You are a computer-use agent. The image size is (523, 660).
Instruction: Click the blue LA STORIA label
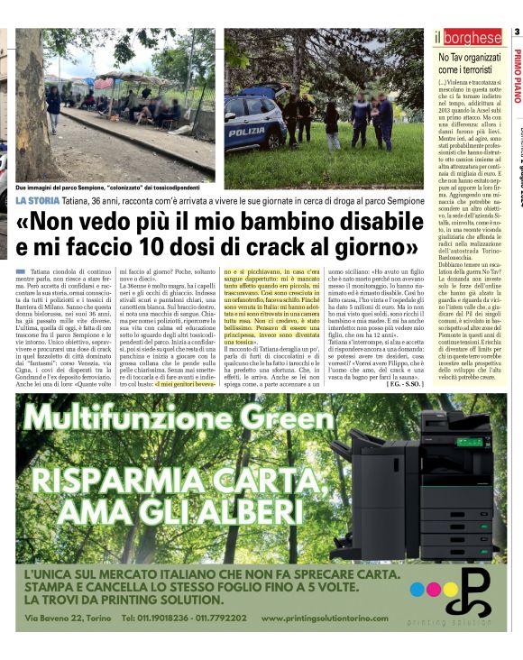[x=38, y=200]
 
